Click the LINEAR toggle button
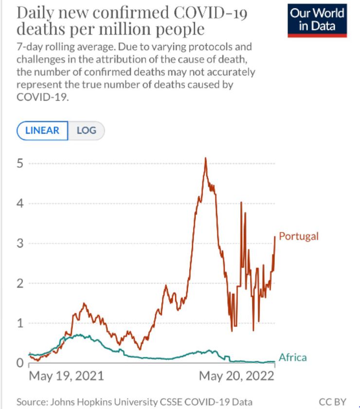click(42, 130)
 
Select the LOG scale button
click(86, 130)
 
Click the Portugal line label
click(299, 236)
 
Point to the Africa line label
click(292, 357)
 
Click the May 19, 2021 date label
click(67, 376)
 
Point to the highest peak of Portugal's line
click(206, 158)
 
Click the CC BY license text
click(332, 402)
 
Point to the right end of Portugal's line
click(275, 236)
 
